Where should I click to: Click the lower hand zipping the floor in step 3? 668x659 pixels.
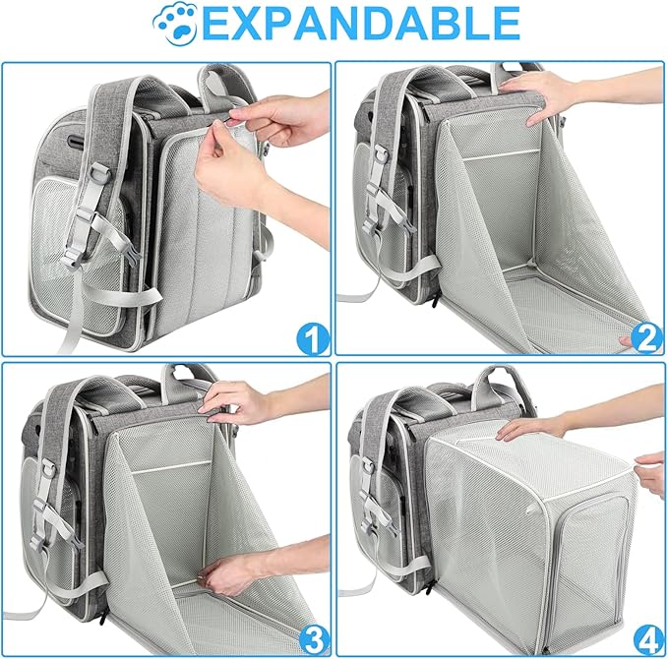pos(231,573)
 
